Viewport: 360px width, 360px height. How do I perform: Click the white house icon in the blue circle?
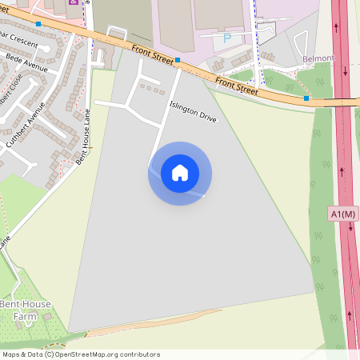click(180, 173)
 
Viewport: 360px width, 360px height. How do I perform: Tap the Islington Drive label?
click(193, 111)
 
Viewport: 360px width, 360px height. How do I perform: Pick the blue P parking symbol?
click(226, 38)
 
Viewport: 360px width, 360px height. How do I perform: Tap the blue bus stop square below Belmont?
click(306, 98)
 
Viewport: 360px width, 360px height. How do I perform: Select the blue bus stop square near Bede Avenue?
click(38, 24)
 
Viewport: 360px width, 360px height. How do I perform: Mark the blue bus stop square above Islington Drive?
click(178, 59)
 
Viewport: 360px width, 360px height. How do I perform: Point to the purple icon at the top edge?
click(74, 2)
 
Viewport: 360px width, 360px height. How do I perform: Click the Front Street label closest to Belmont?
click(236, 86)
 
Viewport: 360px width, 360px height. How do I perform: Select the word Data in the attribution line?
click(33, 354)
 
